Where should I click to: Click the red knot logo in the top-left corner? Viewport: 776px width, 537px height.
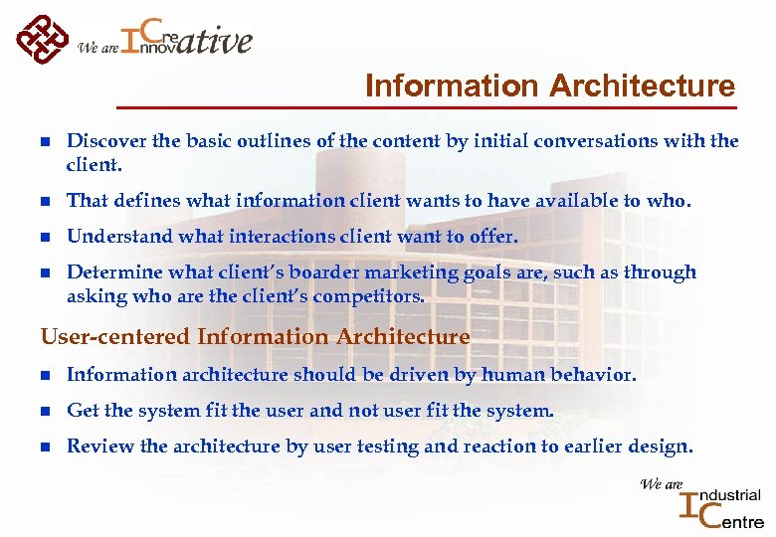pyautogui.click(x=43, y=37)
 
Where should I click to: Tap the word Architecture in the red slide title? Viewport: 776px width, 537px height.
pyautogui.click(x=645, y=87)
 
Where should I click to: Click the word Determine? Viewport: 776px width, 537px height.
pyautogui.click(x=107, y=272)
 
